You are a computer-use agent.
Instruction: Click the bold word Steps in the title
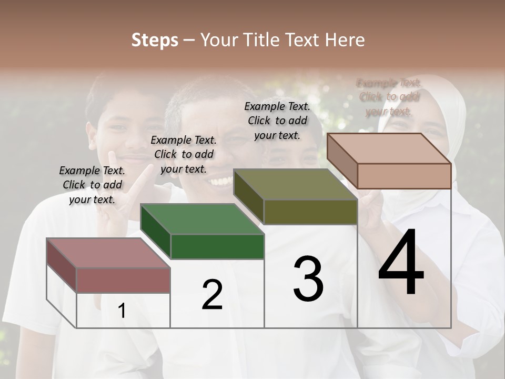click(155, 40)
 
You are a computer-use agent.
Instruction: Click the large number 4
click(401, 263)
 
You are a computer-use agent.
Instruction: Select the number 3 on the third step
click(308, 278)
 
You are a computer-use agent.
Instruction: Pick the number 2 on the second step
click(212, 295)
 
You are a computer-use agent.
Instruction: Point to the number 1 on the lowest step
click(122, 311)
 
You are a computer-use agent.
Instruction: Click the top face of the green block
click(202, 218)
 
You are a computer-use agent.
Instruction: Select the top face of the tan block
click(389, 148)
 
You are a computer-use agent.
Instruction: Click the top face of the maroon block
click(108, 253)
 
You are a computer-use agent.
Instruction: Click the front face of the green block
click(217, 246)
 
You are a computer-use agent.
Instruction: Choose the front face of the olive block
click(310, 212)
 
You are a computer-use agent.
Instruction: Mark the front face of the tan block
click(404, 176)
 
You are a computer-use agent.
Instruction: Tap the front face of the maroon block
click(123, 280)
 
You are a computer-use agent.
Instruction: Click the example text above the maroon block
click(92, 185)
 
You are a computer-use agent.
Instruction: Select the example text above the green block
click(184, 154)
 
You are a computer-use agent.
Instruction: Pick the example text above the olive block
click(277, 121)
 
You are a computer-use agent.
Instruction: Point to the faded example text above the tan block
click(389, 97)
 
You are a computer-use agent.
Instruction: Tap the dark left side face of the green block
click(156, 232)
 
